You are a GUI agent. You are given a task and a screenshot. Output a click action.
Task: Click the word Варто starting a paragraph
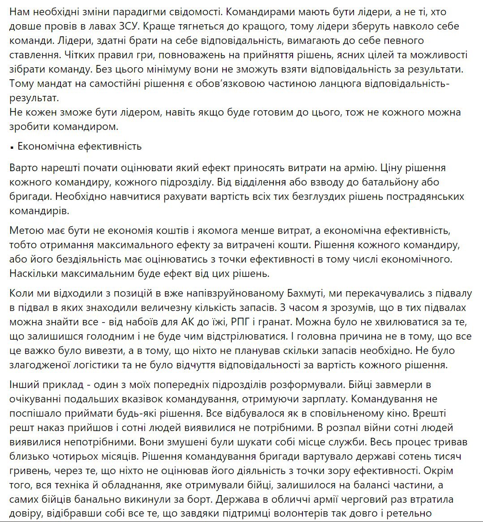[23, 168]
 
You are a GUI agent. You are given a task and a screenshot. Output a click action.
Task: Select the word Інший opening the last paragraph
[22, 384]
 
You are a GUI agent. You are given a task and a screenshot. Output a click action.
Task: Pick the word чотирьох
[78, 457]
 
